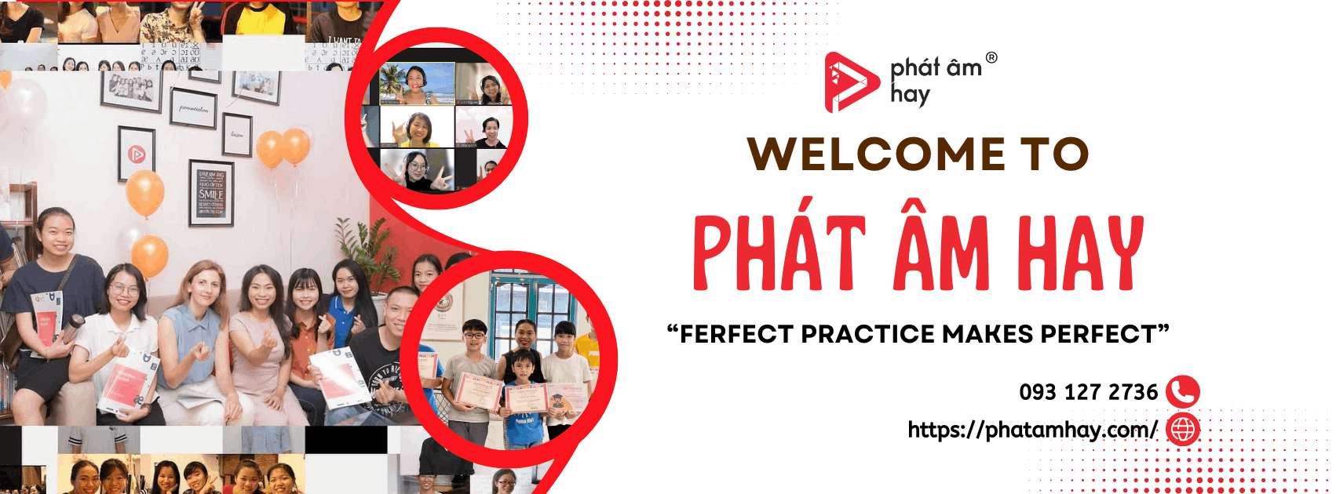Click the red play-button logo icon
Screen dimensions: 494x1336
click(850, 82)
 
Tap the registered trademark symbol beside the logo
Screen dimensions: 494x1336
click(991, 57)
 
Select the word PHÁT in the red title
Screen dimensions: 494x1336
click(779, 252)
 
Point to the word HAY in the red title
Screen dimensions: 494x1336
click(1080, 252)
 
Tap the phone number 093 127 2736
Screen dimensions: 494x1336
click(1088, 392)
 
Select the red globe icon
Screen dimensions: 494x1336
click(1182, 430)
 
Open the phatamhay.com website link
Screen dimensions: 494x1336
click(1031, 430)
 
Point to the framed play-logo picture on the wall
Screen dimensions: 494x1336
click(137, 153)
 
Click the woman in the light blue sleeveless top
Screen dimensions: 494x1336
click(203, 329)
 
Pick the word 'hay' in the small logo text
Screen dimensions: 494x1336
click(910, 95)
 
